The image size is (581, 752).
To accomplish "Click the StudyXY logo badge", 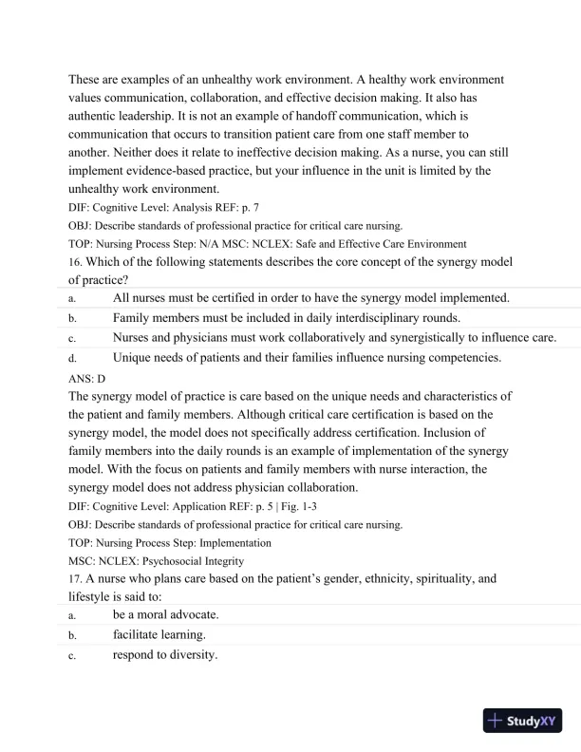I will point(521,721).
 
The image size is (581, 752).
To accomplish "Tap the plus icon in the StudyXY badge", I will point(495,721).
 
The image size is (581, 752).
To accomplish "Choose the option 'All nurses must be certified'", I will point(310,298).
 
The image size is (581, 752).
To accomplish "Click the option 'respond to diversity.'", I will point(165,653).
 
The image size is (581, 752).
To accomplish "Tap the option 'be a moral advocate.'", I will point(165,614).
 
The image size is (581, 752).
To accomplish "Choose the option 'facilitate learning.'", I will point(159,634).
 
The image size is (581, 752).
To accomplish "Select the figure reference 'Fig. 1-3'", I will point(281,506).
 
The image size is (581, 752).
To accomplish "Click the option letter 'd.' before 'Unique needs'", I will point(72,358).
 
